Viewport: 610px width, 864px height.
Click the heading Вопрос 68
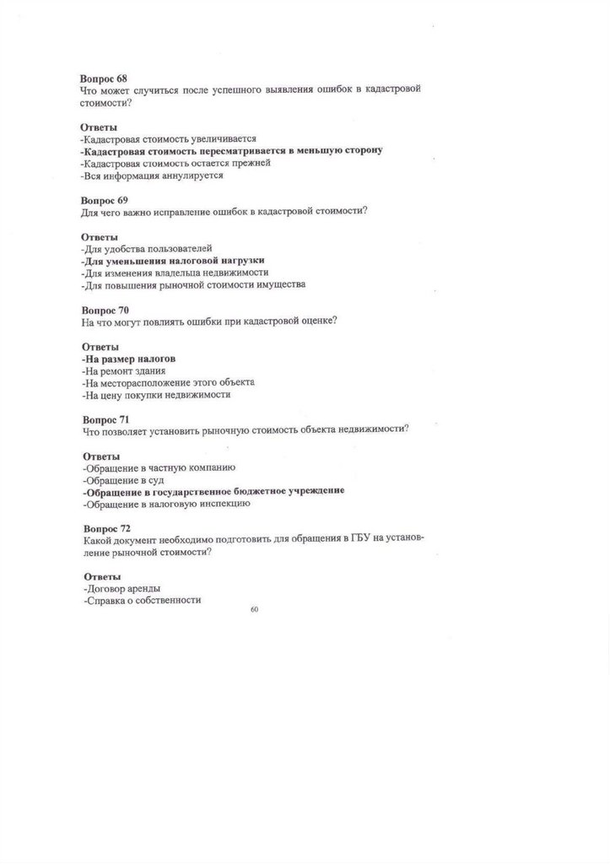tap(104, 78)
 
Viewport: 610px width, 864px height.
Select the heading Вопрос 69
tap(104, 200)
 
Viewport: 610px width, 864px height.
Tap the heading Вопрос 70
tap(105, 310)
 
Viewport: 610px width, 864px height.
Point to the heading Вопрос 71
tap(105, 418)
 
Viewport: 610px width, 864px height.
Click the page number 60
tap(255, 609)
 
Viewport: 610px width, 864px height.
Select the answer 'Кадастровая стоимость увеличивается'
tap(169, 138)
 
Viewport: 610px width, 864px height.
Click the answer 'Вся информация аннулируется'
tap(153, 175)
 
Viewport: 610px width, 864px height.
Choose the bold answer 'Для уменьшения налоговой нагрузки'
tap(172, 261)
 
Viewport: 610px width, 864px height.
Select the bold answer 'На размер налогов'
tap(128, 359)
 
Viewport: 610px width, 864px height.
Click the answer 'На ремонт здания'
tap(124, 370)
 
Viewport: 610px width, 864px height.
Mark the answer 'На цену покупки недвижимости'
tap(157, 395)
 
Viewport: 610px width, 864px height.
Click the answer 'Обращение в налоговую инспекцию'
tap(165, 504)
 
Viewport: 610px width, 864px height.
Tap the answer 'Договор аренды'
tap(122, 589)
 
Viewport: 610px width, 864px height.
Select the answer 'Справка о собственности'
tap(143, 601)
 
